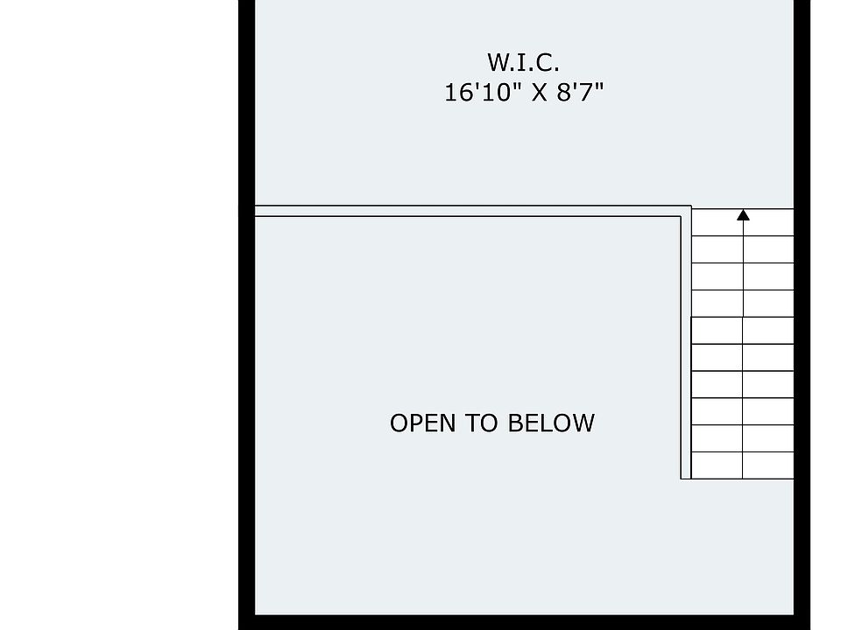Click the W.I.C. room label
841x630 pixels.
pyautogui.click(x=523, y=63)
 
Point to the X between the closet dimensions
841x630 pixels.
pyautogui.click(x=539, y=93)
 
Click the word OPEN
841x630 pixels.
pyautogui.click(x=423, y=423)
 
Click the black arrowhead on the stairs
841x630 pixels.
pyautogui.click(x=744, y=214)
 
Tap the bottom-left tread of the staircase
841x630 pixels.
pyautogui.click(x=717, y=465)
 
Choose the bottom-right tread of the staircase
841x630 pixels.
pyautogui.click(x=769, y=465)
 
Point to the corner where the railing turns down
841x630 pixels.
pyautogui.click(x=686, y=211)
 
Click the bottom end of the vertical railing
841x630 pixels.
pyautogui.click(x=686, y=477)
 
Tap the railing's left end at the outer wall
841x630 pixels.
pyautogui.click(x=256, y=211)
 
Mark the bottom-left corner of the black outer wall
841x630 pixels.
pyautogui.click(x=246, y=621)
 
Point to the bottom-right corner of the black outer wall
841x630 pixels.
pyautogui.click(x=802, y=621)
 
